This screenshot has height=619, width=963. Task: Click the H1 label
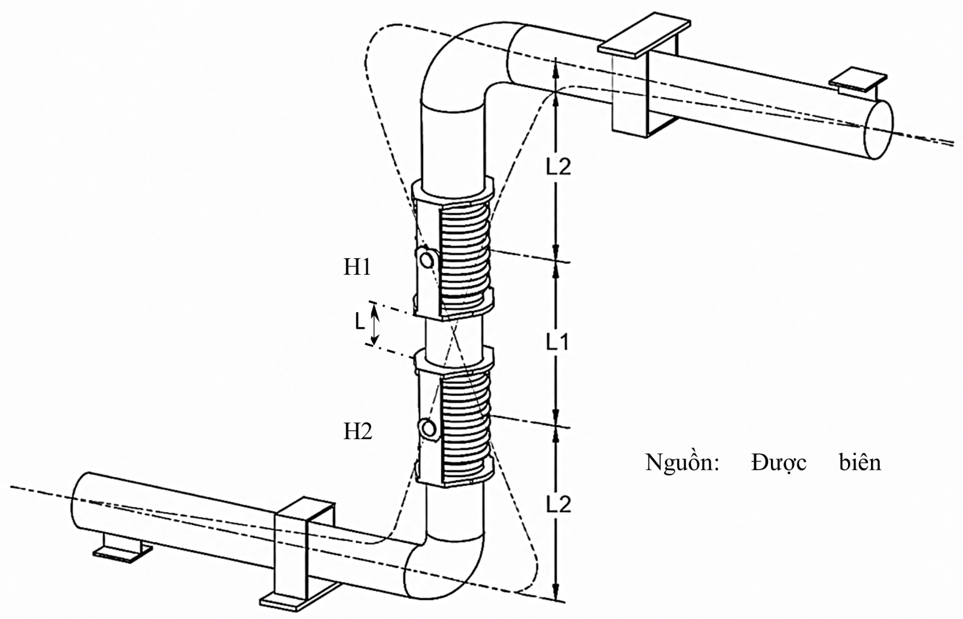coord(357,267)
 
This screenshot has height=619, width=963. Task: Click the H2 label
coord(358,431)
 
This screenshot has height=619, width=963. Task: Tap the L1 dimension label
coord(557,342)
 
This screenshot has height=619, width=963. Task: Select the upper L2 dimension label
coord(558,166)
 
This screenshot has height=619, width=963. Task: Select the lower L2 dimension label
coord(558,504)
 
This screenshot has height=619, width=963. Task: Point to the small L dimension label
coord(360,321)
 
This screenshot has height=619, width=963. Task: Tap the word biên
coord(860,462)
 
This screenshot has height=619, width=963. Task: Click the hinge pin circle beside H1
coord(427,260)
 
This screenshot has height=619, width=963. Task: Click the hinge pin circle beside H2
coord(428,428)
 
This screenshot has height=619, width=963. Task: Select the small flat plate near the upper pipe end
coord(858,81)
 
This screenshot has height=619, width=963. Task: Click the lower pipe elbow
coord(445,567)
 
